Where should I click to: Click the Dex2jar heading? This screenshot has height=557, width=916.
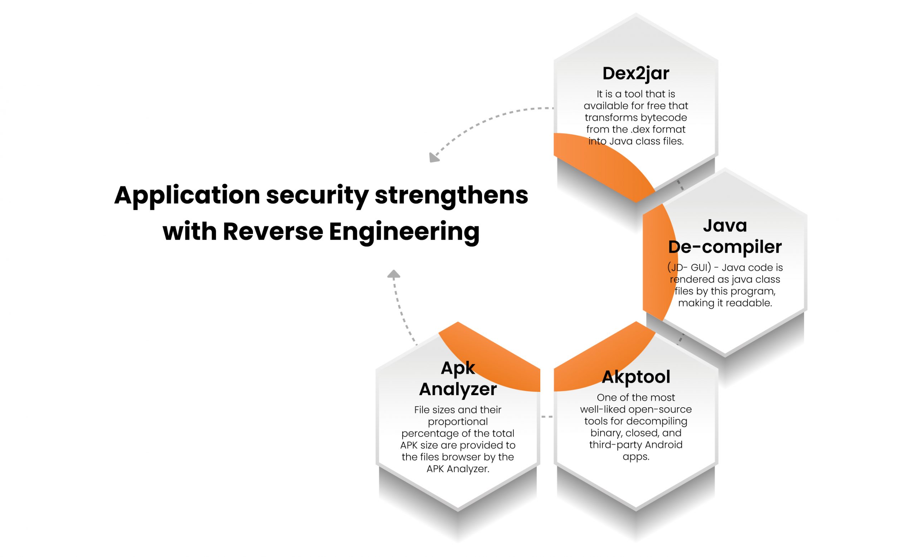(x=636, y=73)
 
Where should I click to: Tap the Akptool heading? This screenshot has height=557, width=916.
(x=636, y=377)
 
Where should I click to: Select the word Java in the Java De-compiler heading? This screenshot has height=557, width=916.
(x=725, y=225)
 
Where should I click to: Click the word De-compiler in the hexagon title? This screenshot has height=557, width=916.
(x=725, y=247)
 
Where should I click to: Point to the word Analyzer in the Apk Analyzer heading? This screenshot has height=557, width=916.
(x=458, y=389)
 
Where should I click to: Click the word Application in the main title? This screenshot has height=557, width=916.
(x=187, y=195)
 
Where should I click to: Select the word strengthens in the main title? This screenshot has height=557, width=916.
(x=451, y=195)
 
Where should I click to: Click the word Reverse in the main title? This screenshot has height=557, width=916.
(x=273, y=231)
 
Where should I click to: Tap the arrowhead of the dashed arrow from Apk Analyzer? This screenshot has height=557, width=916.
(x=394, y=274)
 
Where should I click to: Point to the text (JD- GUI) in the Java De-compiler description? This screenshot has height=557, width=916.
(x=689, y=268)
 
